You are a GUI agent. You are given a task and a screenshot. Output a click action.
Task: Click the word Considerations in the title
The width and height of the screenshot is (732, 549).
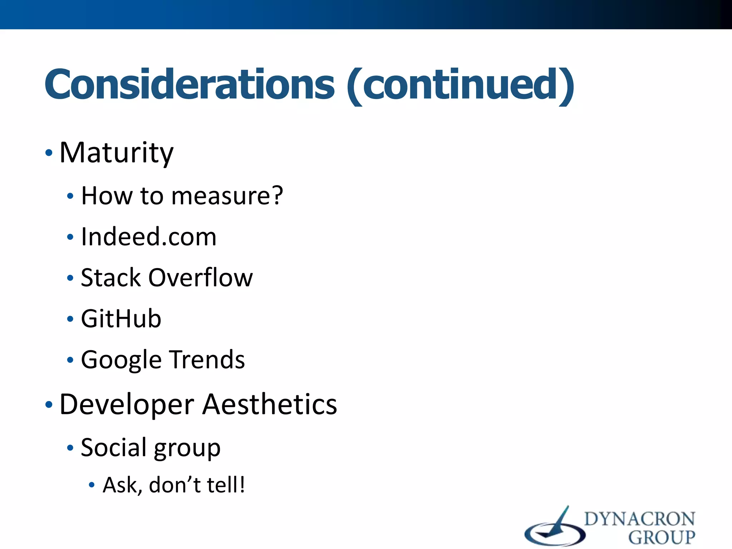(x=189, y=85)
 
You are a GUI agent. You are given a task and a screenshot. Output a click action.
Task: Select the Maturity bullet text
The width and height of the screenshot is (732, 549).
(x=116, y=153)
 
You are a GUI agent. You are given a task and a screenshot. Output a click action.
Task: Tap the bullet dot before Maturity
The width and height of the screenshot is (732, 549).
(x=49, y=153)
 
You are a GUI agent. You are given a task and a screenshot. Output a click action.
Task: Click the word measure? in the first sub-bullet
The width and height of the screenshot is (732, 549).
(x=227, y=196)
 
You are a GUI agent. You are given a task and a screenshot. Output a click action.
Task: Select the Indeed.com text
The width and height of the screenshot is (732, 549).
(x=149, y=237)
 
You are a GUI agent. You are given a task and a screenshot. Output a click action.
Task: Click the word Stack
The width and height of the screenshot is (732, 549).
(x=111, y=278)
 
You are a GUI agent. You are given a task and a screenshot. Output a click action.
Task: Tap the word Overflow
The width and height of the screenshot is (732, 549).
(x=201, y=278)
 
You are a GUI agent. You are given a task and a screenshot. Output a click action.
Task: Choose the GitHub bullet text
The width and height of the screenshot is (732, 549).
(x=121, y=319)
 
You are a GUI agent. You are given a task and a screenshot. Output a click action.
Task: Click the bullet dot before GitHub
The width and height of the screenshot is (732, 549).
(x=70, y=319)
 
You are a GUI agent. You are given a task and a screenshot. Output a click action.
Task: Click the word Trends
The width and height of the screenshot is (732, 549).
(x=207, y=360)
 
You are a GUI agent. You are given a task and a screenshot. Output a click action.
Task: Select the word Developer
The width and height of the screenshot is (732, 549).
(x=127, y=405)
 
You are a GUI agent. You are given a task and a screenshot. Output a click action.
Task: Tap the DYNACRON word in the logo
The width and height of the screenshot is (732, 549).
(x=639, y=519)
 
